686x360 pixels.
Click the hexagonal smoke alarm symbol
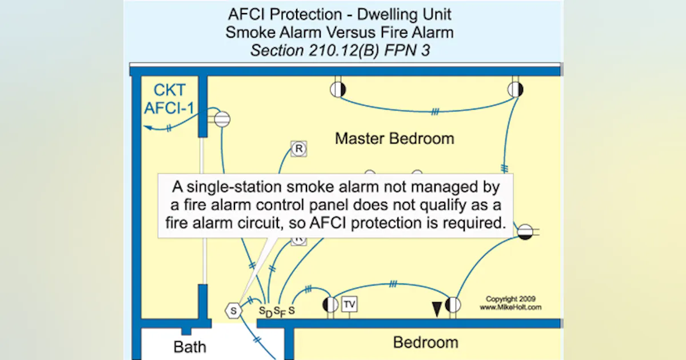click(233, 310)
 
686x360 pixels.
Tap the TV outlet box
click(349, 305)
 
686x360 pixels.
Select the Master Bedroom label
click(394, 138)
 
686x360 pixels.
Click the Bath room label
click(190, 347)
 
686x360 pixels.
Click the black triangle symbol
click(437, 309)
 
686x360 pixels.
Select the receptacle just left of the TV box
click(330, 305)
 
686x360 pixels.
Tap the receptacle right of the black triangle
click(453, 305)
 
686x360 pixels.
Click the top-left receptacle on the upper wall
click(338, 89)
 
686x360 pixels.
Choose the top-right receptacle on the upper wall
click(515, 89)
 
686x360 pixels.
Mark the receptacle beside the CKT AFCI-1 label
click(221, 119)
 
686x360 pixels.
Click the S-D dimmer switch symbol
click(265, 311)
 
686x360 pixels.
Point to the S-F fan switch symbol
click(279, 311)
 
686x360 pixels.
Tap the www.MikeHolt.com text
click(510, 307)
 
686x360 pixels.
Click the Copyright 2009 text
click(510, 299)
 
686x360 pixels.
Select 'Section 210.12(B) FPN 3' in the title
click(340, 50)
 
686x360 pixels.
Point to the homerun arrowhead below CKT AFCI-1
click(147, 128)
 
